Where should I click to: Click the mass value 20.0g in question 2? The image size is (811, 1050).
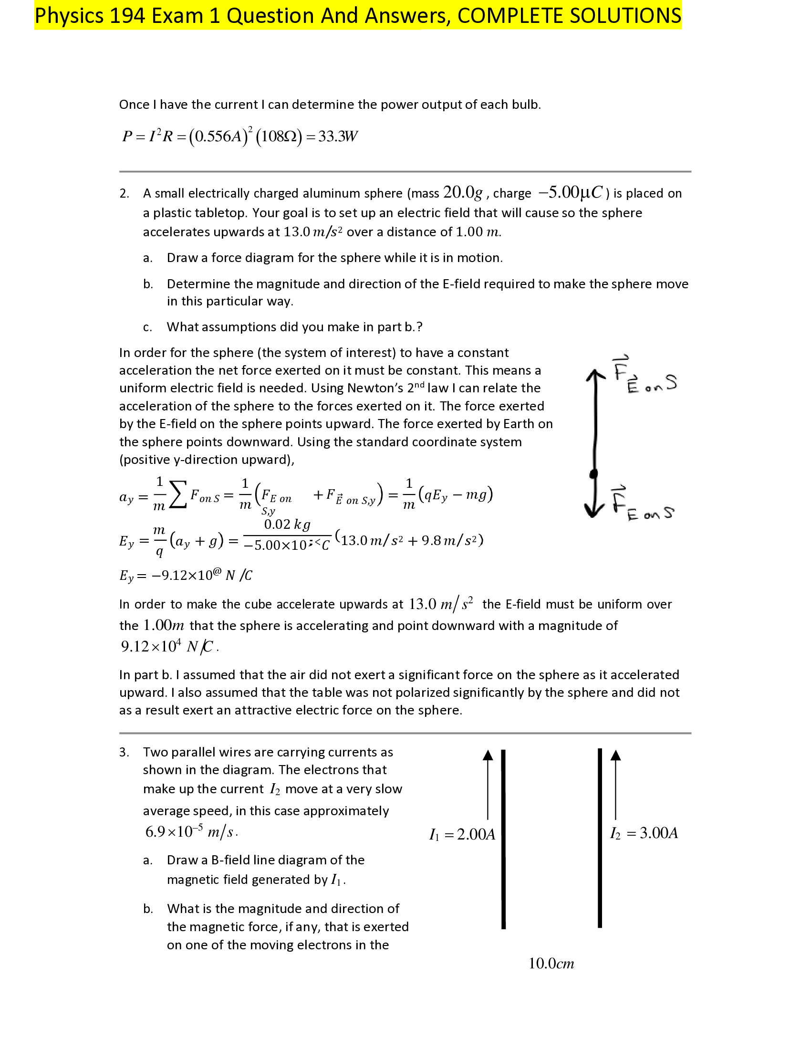[463, 192]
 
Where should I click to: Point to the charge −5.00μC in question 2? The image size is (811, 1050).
[570, 192]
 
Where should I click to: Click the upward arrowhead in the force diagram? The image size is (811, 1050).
[596, 376]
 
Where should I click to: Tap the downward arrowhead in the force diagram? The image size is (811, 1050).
[594, 510]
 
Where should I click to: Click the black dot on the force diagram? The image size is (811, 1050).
[594, 474]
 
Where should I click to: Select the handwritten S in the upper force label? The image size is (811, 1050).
[671, 383]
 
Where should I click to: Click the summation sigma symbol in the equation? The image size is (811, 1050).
[178, 495]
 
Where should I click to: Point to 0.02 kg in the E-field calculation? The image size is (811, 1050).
[287, 524]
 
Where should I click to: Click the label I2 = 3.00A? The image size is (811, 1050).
[644, 833]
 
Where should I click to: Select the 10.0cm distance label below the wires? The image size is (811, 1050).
[551, 964]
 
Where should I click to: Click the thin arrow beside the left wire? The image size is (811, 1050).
[488, 784]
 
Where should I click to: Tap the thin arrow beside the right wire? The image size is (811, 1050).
[615, 784]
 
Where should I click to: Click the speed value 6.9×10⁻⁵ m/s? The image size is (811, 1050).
[191, 832]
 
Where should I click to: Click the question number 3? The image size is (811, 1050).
[124, 752]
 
